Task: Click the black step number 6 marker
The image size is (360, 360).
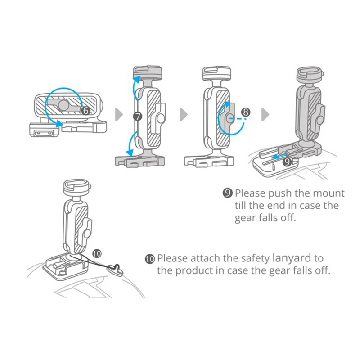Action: point(85,111)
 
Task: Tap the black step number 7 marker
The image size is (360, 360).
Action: point(138,117)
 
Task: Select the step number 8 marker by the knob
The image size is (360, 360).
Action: point(246,112)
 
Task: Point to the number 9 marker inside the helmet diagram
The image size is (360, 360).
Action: point(287,162)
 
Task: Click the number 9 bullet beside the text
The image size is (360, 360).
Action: point(228,193)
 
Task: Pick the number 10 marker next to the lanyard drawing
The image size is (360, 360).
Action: point(97,253)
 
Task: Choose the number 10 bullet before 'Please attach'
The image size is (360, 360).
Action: point(150,259)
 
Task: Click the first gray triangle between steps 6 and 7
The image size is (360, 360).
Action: point(119,114)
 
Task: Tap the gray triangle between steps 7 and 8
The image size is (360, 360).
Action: point(184,114)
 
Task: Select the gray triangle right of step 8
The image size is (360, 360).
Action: point(265,114)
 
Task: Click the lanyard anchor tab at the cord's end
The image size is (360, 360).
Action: point(116,269)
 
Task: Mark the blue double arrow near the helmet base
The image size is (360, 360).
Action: point(279,155)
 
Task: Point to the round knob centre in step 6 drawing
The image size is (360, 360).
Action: point(63,105)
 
